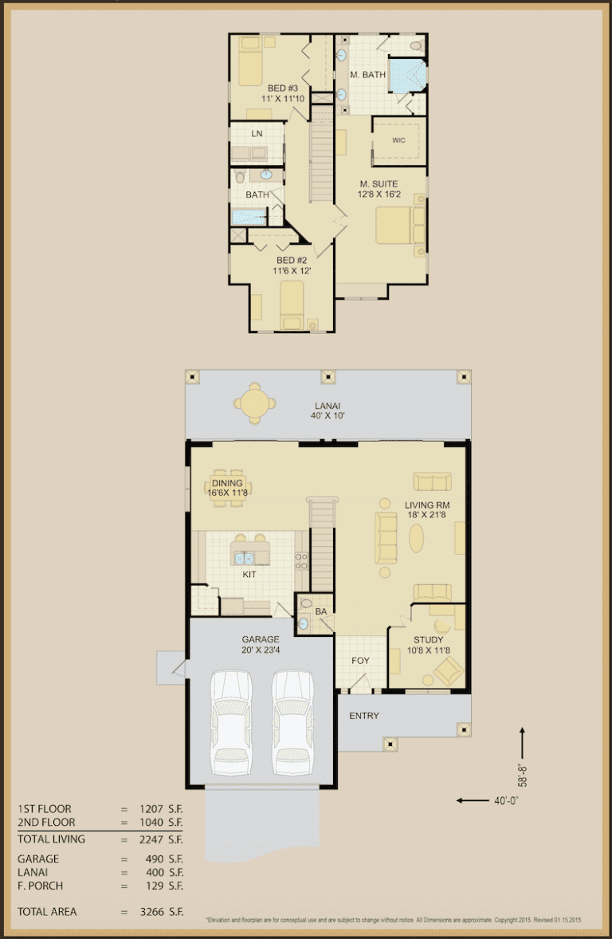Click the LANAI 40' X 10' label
326,410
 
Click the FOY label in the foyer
360,660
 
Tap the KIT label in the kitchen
249,574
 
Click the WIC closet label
398,139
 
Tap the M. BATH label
368,75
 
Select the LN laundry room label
257,133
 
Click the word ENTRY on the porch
364,716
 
